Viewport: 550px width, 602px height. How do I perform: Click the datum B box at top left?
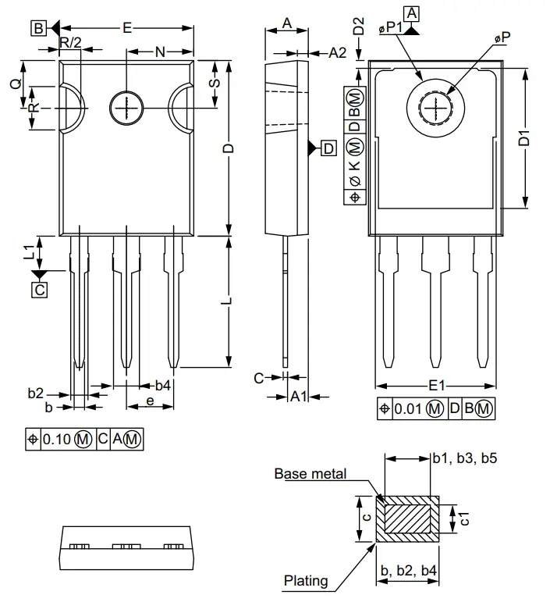pos(38,28)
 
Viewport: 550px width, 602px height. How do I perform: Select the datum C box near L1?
pos(39,290)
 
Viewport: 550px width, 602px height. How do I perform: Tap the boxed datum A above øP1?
pos(412,12)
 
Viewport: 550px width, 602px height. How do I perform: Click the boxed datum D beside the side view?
pos(328,148)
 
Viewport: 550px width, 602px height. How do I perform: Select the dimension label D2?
pos(358,26)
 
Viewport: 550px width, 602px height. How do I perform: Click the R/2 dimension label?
pos(70,43)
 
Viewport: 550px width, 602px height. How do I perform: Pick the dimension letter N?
pos(160,52)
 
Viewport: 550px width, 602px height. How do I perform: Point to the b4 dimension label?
pos(162,385)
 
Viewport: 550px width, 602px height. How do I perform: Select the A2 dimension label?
pos(336,52)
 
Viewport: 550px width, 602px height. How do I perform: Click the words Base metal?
pos(310,474)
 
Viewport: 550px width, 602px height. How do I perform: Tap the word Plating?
pos(306,581)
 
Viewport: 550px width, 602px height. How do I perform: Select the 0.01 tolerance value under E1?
pos(409,408)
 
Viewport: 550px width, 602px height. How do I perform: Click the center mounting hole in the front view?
pos(125,108)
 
